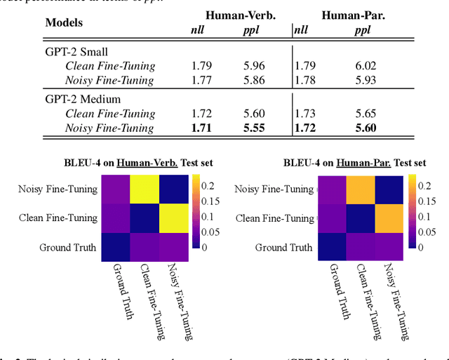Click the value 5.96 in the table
coord(255,67)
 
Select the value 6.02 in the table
coord(366,67)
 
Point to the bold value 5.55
coord(255,128)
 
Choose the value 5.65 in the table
coord(366,114)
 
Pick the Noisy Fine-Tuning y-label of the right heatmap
coord(274,189)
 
